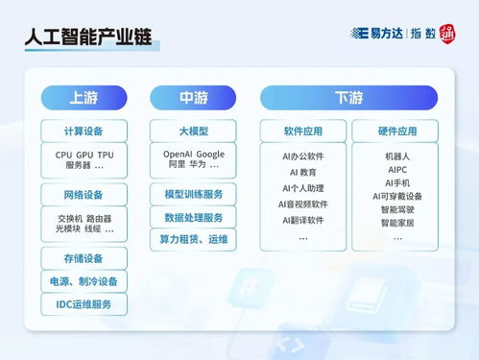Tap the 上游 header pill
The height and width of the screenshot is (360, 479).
tap(84, 98)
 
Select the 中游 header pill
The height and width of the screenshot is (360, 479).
tap(193, 98)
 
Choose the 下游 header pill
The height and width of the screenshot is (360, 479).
tap(348, 98)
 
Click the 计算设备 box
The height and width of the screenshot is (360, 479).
tap(84, 131)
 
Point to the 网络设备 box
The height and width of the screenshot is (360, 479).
tap(84, 195)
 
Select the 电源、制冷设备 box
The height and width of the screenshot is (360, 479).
tap(84, 281)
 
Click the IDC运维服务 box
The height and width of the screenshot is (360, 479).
tap(84, 305)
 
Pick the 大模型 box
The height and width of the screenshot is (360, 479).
tap(193, 131)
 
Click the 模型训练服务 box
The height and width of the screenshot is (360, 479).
tap(193, 195)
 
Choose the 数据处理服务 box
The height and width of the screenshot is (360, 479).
tap(193, 218)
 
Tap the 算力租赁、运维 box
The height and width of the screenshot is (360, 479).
tap(193, 240)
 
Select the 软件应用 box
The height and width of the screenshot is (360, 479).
tap(302, 131)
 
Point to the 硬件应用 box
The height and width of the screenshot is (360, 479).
tap(396, 131)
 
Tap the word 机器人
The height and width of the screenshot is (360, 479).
tap(396, 154)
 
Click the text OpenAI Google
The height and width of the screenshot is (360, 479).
tap(193, 154)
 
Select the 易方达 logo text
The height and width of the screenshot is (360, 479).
tap(382, 33)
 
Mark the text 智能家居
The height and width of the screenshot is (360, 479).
tap(396, 223)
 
